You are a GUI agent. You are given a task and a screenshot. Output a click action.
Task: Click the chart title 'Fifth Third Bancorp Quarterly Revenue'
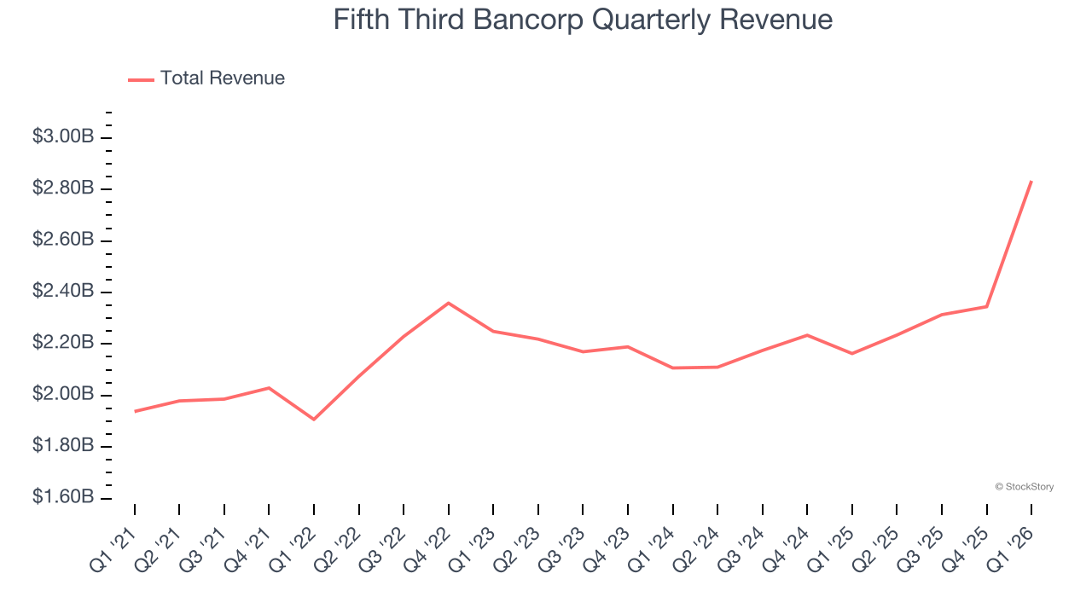pyautogui.click(x=583, y=19)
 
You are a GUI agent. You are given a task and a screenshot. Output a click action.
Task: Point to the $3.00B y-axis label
pyautogui.click(x=63, y=136)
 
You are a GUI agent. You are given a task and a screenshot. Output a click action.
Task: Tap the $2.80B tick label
pyautogui.click(x=63, y=188)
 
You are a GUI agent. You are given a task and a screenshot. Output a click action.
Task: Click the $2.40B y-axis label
pyautogui.click(x=63, y=292)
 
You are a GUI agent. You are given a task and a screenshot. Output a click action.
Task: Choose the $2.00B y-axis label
pyautogui.click(x=63, y=395)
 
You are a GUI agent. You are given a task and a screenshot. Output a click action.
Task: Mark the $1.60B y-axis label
pyautogui.click(x=63, y=498)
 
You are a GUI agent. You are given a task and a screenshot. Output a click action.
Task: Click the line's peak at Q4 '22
pyautogui.click(x=449, y=303)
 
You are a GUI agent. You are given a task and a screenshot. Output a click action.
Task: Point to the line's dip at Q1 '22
pyautogui.click(x=314, y=419)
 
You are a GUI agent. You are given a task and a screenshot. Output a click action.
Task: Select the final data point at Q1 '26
pyautogui.click(x=1031, y=181)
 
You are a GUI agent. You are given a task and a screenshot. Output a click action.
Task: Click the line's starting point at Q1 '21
pyautogui.click(x=135, y=411)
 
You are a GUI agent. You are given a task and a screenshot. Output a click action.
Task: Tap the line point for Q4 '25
pyautogui.click(x=987, y=306)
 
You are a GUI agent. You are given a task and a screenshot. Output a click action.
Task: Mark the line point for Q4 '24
pyautogui.click(x=807, y=335)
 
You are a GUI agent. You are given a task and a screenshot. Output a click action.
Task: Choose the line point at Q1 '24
pyautogui.click(x=673, y=368)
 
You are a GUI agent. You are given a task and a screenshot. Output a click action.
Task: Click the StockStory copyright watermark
pyautogui.click(x=1024, y=487)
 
